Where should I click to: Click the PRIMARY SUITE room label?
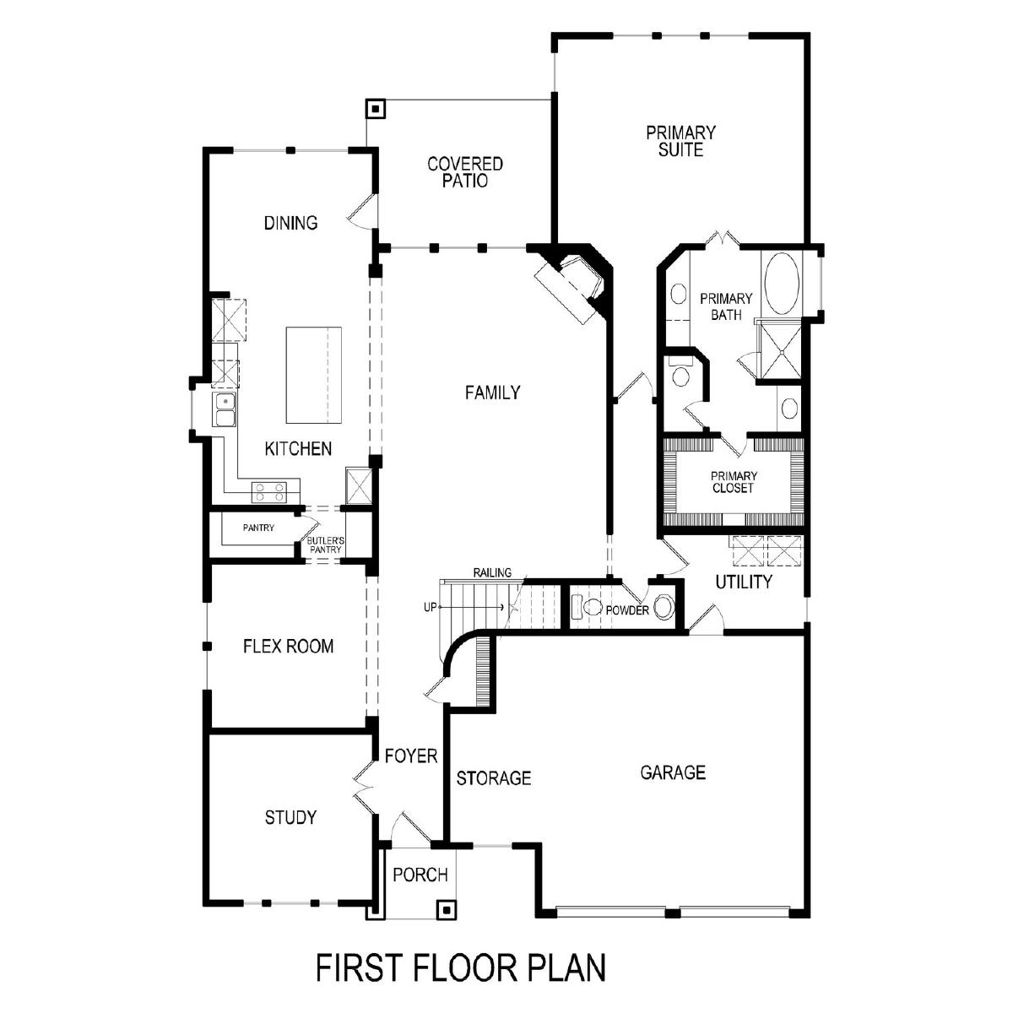click(680, 141)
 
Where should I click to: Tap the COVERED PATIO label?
click(464, 172)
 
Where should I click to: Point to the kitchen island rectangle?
click(314, 376)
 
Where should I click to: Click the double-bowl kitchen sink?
click(225, 409)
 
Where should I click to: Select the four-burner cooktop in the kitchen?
click(269, 491)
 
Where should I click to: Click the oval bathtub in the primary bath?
click(782, 284)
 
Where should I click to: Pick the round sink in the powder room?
click(664, 607)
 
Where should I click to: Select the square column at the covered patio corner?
click(376, 110)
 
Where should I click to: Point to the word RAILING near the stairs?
click(492, 572)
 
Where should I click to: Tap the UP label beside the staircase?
click(430, 607)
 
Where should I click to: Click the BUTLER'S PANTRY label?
click(326, 544)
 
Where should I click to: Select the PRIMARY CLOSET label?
click(734, 482)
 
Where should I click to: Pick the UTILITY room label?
click(744, 582)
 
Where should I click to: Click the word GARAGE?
click(672, 772)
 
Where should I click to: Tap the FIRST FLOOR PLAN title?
click(461, 967)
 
